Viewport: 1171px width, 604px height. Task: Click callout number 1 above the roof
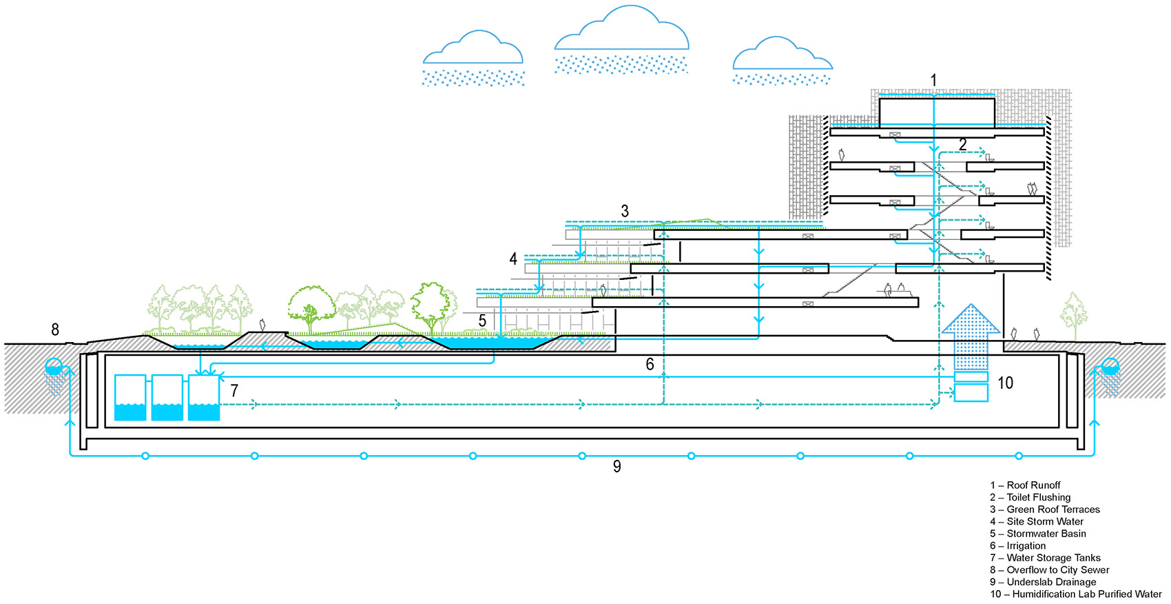pyautogui.click(x=933, y=81)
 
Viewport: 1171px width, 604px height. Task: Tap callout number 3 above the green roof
pyautogui.click(x=625, y=211)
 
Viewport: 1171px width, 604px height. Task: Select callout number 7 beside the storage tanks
pyautogui.click(x=234, y=391)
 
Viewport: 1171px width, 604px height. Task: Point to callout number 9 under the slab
pyautogui.click(x=617, y=467)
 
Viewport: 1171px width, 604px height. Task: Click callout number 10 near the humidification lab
pyautogui.click(x=1005, y=383)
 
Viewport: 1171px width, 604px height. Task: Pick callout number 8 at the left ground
pyautogui.click(x=55, y=330)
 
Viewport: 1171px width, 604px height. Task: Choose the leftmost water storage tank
pyautogui.click(x=129, y=398)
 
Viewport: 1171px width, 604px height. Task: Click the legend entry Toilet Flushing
pyautogui.click(x=1030, y=497)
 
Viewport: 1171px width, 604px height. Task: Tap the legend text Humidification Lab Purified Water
pyautogui.click(x=1076, y=594)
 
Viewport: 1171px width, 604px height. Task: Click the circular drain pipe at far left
pyautogui.click(x=54, y=366)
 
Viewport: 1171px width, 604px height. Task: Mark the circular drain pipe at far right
pyautogui.click(x=1110, y=366)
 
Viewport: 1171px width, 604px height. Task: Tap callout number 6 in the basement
pyautogui.click(x=650, y=364)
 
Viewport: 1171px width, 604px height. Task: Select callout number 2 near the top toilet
pyautogui.click(x=962, y=145)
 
